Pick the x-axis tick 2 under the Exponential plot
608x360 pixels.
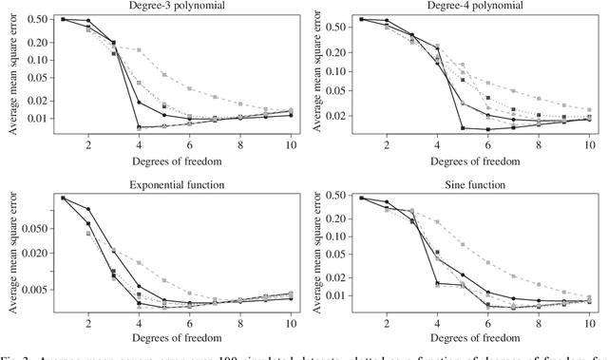tap(89, 323)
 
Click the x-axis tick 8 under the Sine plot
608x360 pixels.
tap(539, 323)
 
